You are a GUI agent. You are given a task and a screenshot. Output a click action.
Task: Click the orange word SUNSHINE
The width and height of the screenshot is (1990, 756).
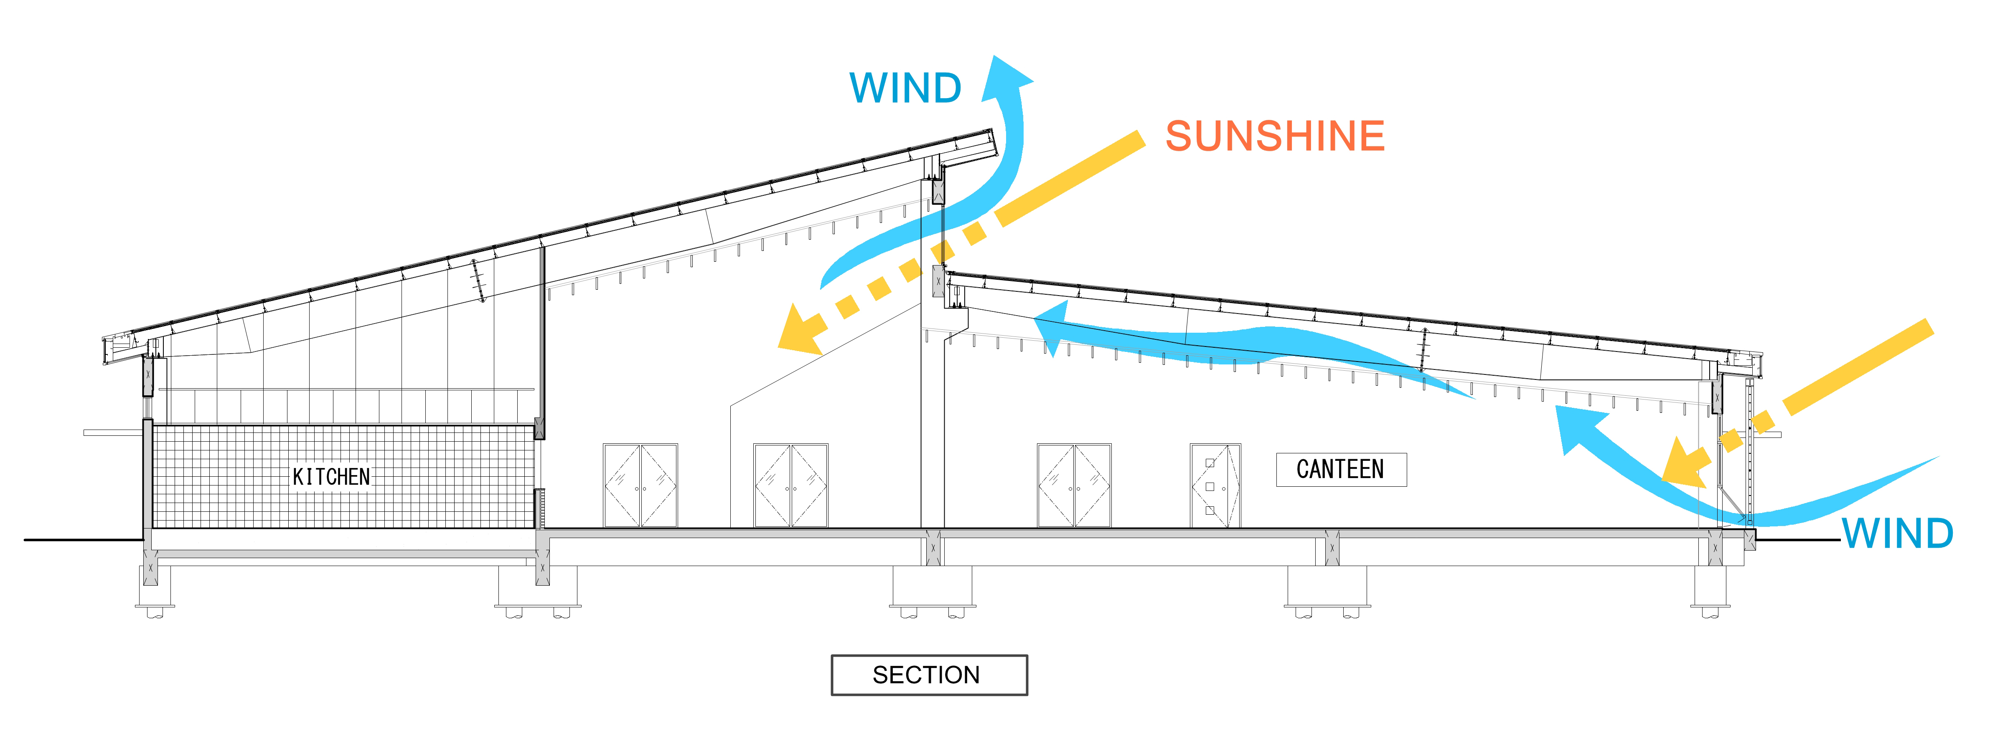click(x=1275, y=136)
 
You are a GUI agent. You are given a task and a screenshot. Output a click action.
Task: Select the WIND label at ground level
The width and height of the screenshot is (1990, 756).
click(x=1897, y=533)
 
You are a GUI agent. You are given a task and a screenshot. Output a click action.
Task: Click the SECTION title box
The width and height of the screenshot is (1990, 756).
click(x=928, y=675)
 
